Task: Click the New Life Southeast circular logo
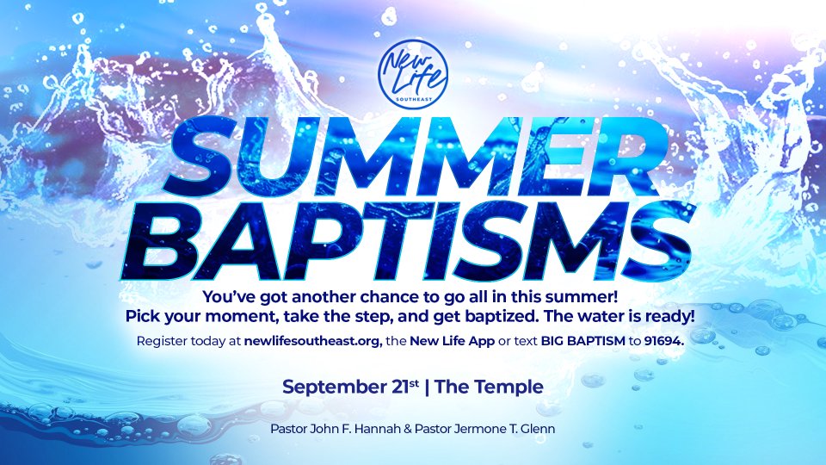(413, 74)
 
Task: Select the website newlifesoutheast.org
(313, 341)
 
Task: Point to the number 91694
(663, 341)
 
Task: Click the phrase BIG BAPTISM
(583, 341)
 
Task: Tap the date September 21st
(351, 387)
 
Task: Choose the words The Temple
(490, 387)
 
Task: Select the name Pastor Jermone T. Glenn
(484, 429)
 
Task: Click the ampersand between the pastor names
(407, 429)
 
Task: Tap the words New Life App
(452, 341)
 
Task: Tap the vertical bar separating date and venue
(427, 387)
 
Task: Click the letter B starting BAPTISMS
(153, 240)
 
